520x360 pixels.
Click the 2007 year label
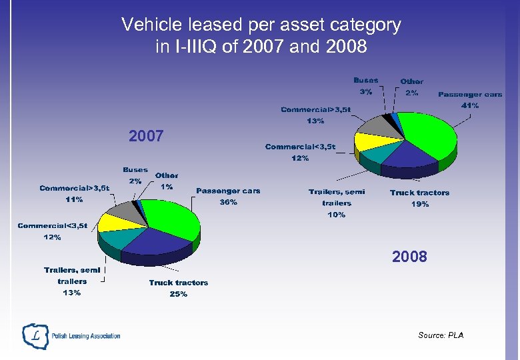click(146, 137)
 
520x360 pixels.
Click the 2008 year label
click(409, 257)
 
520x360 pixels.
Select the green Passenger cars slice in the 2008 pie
click(427, 133)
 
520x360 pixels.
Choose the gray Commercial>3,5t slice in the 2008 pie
click(372, 125)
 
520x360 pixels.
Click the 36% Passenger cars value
click(229, 203)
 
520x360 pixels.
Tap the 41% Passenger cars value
click(470, 106)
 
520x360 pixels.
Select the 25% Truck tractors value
click(178, 294)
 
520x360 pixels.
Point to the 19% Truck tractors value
click(419, 204)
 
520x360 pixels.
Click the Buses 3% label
click(365, 86)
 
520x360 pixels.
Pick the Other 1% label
click(167, 181)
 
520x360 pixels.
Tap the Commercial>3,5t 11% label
click(74, 193)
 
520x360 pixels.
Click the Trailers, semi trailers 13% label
click(72, 281)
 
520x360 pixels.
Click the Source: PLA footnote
click(441, 335)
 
